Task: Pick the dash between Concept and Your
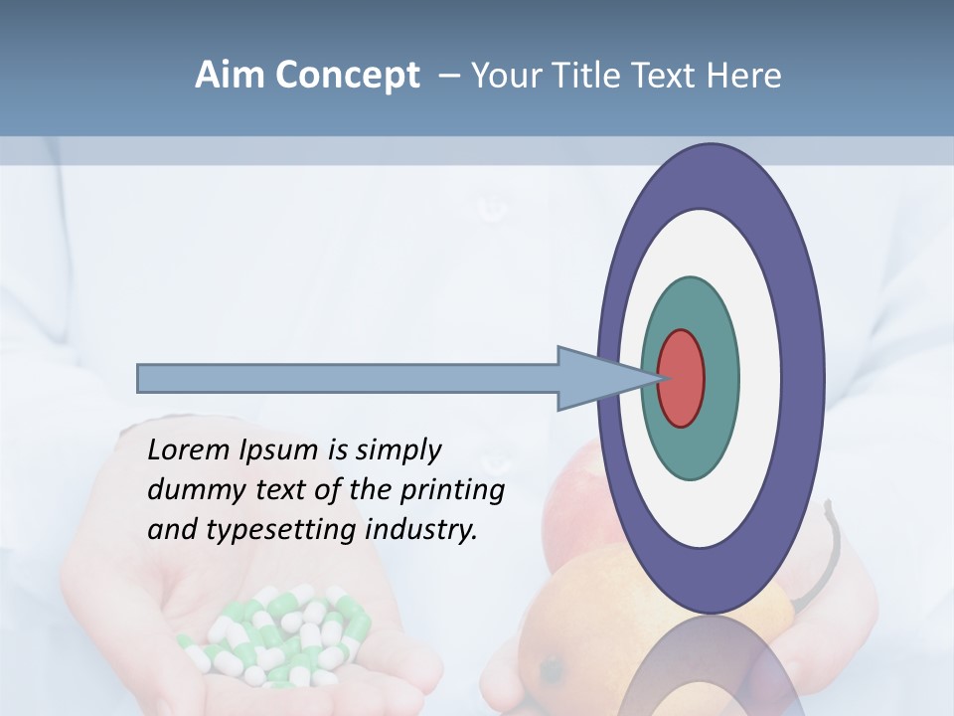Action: [448, 76]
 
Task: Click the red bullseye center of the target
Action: [682, 379]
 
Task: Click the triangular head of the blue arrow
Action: [596, 379]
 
